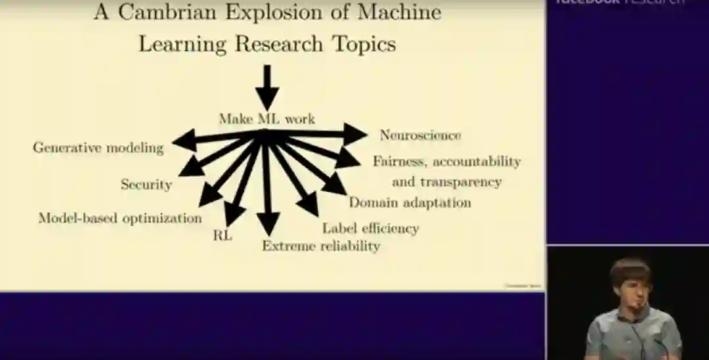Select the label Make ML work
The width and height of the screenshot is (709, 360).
pyautogui.click(x=267, y=119)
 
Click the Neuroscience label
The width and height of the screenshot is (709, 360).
pyautogui.click(x=420, y=135)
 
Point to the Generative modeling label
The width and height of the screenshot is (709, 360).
pyautogui.click(x=98, y=148)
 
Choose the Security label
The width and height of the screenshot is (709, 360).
pyautogui.click(x=146, y=185)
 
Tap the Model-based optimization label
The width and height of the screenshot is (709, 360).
pyautogui.click(x=119, y=218)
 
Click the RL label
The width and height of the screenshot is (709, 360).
pyautogui.click(x=223, y=235)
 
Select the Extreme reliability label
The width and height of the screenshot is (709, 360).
pyautogui.click(x=321, y=246)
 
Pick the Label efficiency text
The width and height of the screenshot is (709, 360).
pyautogui.click(x=370, y=228)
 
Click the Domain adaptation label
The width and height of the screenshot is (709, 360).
pyautogui.click(x=410, y=202)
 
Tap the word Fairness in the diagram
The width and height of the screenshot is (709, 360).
pyautogui.click(x=400, y=161)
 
